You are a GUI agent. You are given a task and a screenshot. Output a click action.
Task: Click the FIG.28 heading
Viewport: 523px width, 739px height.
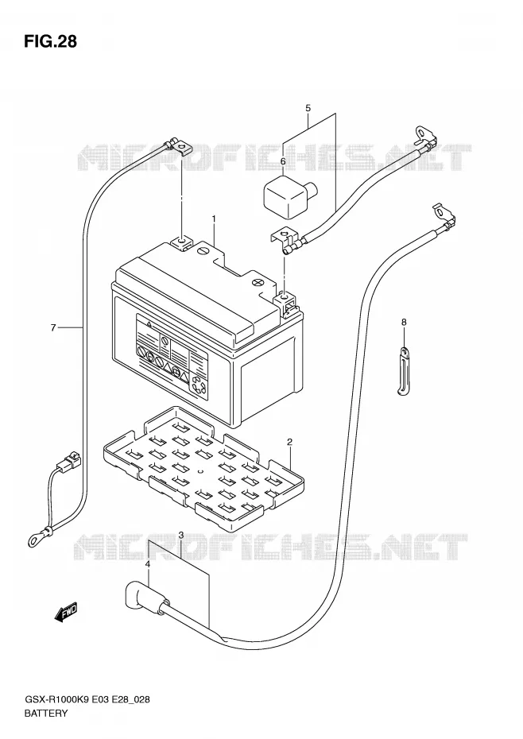pyautogui.click(x=50, y=41)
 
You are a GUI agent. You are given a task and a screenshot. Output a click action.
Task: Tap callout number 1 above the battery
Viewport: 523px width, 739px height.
pyautogui.click(x=214, y=219)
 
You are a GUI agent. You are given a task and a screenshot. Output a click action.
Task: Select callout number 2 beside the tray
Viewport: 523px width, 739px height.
pyautogui.click(x=289, y=442)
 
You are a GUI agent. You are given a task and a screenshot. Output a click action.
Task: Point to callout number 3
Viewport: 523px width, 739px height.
pyautogui.click(x=181, y=535)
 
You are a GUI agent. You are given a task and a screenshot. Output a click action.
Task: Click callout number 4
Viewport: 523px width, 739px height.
pyautogui.click(x=148, y=564)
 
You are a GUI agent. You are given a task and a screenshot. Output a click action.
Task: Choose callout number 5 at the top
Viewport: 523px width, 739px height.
pyautogui.click(x=308, y=108)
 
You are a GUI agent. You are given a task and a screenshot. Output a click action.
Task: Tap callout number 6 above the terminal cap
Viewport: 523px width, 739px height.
pyautogui.click(x=283, y=161)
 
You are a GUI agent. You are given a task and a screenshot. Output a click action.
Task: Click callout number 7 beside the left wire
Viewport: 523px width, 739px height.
pyautogui.click(x=53, y=327)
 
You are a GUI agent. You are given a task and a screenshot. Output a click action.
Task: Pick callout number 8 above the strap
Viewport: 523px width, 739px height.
pyautogui.click(x=404, y=322)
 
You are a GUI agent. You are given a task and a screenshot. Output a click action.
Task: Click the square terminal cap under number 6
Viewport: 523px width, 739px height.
pyautogui.click(x=283, y=196)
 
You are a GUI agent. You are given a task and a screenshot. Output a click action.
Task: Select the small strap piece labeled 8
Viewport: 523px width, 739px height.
pyautogui.click(x=401, y=371)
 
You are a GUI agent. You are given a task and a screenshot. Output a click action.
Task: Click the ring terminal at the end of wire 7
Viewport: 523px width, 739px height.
pyautogui.click(x=39, y=536)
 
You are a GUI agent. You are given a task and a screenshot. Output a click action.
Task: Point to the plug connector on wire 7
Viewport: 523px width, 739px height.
pyautogui.click(x=68, y=460)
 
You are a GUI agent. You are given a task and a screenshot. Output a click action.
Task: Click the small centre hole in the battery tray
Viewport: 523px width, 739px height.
pyautogui.click(x=200, y=471)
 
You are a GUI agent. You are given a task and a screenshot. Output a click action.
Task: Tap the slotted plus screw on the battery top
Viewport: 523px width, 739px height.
pyautogui.click(x=258, y=282)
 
